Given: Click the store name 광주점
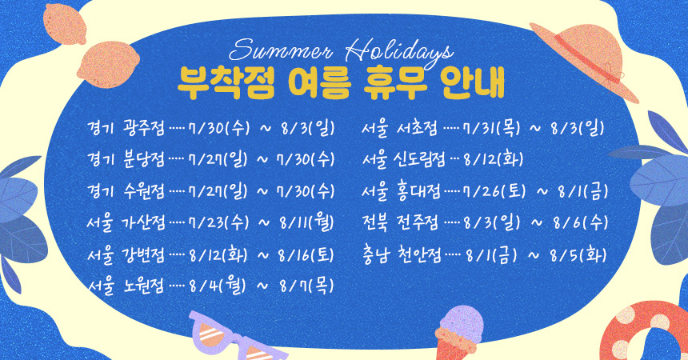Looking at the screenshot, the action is [x=144, y=128].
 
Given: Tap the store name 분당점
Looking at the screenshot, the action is [x=144, y=159].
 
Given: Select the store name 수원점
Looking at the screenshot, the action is [x=144, y=191].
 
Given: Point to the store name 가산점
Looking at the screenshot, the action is [x=144, y=222].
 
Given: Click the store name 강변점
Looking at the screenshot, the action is [x=144, y=254].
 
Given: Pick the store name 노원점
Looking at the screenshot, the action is [x=144, y=286].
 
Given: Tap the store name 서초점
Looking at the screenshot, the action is [x=418, y=128].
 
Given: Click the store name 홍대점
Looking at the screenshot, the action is [x=419, y=191].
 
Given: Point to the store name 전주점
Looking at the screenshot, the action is [x=418, y=222].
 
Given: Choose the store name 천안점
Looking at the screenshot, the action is [x=419, y=254].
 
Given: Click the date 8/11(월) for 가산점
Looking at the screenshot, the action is [x=306, y=222].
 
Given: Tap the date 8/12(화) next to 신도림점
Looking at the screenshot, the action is [x=493, y=159].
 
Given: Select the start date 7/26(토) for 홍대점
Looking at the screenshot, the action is [x=494, y=191].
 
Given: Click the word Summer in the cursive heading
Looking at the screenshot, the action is [x=281, y=51].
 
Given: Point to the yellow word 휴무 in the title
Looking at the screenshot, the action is [x=395, y=82].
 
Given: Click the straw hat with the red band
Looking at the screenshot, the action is [x=585, y=60].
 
